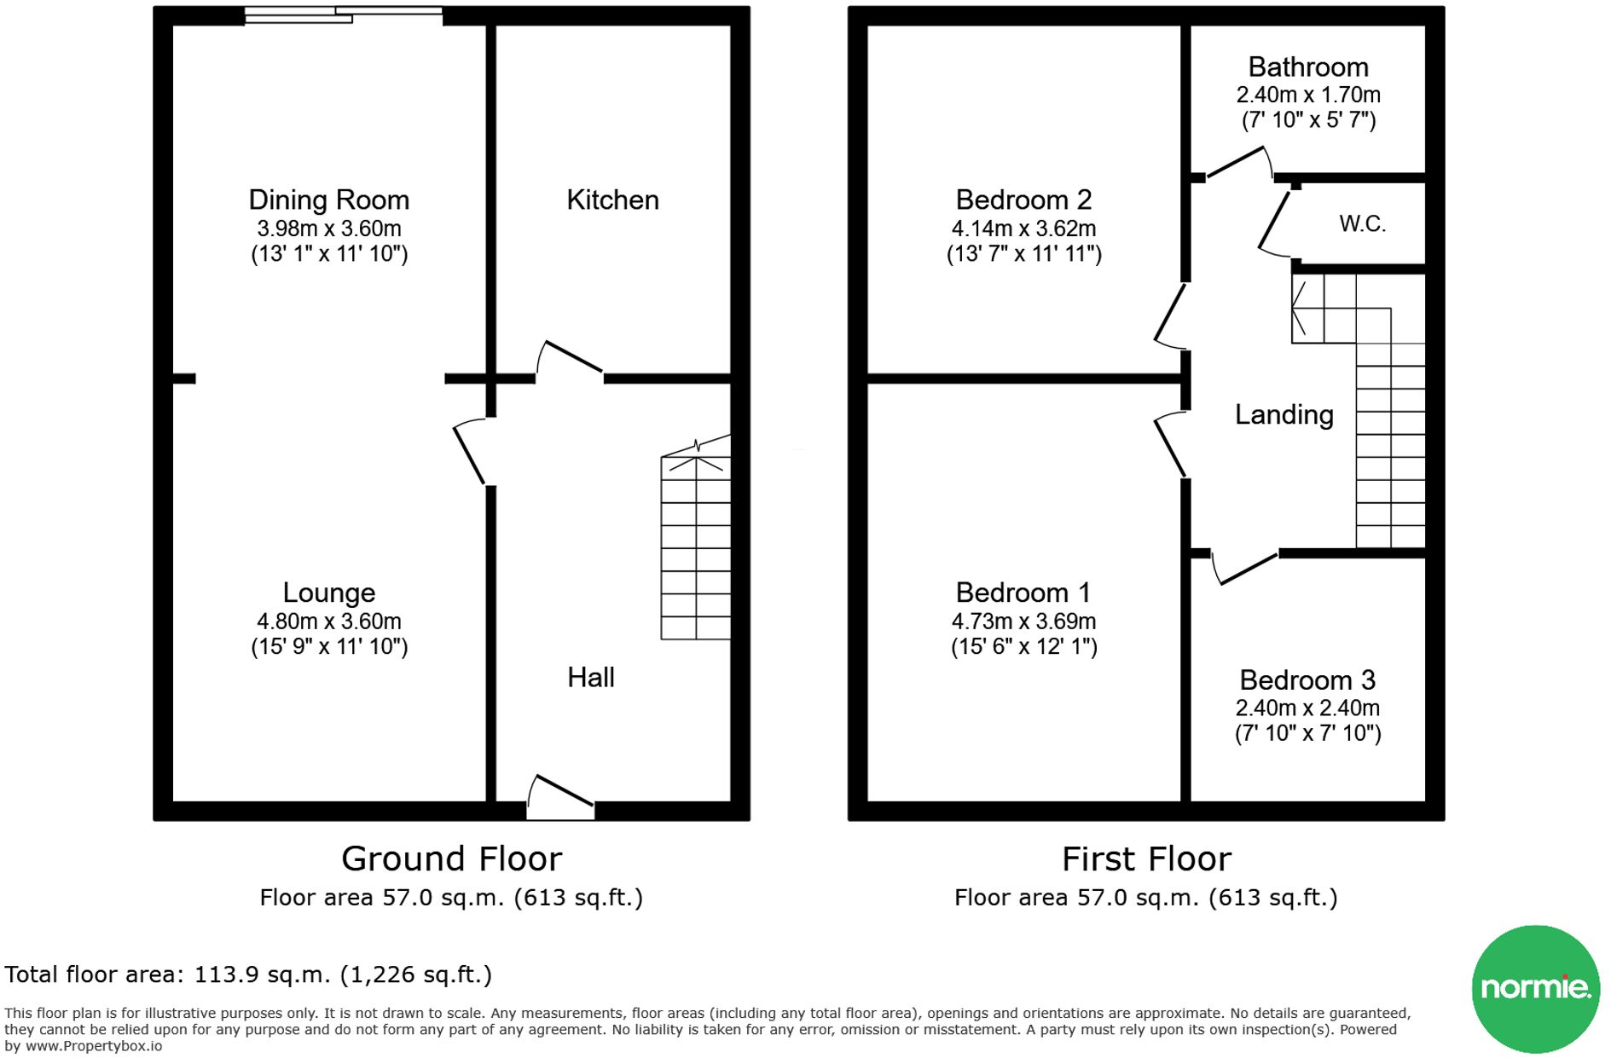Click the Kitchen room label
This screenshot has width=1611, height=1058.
tap(612, 200)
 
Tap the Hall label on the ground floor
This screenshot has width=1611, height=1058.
tap(590, 678)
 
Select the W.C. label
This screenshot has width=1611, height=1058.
tap(1362, 224)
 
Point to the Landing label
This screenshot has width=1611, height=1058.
tap(1284, 415)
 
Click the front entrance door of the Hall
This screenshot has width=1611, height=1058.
tap(560, 794)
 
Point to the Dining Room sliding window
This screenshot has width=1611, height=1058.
tap(343, 14)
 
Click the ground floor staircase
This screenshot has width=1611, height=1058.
tap(696, 546)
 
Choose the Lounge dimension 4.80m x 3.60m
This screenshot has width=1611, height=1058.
tap(329, 622)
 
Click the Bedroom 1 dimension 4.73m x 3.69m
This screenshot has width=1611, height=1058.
tap(1023, 622)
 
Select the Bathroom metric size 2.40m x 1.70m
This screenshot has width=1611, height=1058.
tap(1307, 95)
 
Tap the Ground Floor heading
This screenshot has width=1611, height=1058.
tap(451, 859)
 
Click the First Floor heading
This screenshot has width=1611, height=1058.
tap(1146, 859)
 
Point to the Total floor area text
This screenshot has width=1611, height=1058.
tap(248, 974)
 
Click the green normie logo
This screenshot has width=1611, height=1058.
tap(1535, 989)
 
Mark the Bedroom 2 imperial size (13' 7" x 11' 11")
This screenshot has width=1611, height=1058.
tap(1023, 254)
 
